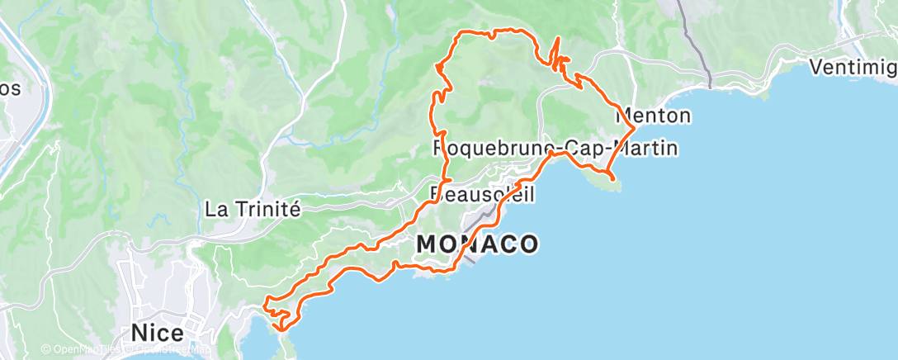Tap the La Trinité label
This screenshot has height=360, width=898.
[252, 210]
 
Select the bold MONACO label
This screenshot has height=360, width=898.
[478, 244]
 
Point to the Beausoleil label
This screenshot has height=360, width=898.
[483, 194]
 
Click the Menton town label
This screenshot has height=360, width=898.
[653, 116]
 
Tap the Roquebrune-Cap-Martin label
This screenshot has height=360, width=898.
[555, 149]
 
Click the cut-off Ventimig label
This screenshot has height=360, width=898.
[853, 67]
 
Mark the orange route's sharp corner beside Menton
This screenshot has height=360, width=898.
[633, 127]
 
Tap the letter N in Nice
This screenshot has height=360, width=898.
[139, 332]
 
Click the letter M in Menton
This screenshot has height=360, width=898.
[625, 116]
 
